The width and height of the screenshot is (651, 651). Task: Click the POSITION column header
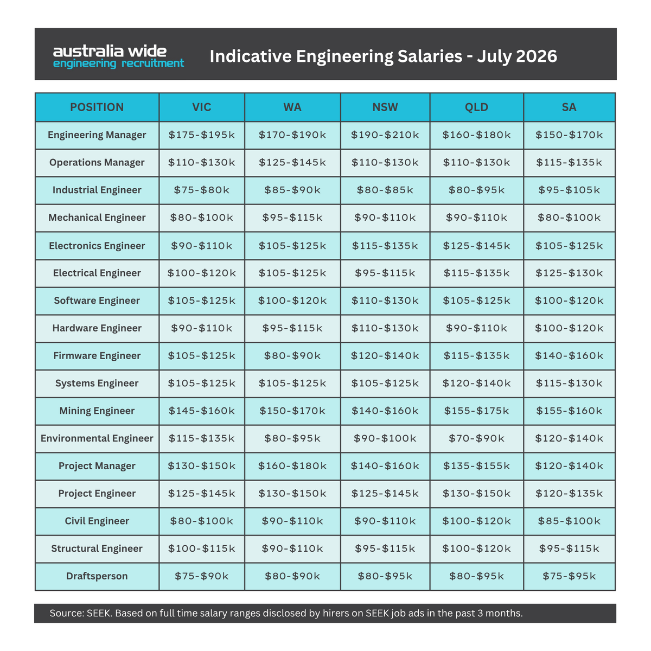click(x=97, y=107)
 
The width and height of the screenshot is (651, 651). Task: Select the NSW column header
click(x=385, y=107)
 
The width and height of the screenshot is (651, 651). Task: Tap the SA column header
click(x=569, y=107)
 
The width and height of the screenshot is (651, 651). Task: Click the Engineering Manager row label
click(x=97, y=135)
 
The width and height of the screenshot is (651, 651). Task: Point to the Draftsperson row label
click(x=97, y=576)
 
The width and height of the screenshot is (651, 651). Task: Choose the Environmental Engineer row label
click(x=97, y=438)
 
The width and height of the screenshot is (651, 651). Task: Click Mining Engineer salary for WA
click(x=292, y=411)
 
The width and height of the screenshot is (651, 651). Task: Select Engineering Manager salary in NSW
click(x=385, y=135)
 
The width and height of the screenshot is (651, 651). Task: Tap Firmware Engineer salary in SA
click(x=569, y=355)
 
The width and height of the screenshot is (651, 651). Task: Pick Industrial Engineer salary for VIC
click(x=201, y=190)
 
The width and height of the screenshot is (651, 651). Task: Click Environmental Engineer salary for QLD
click(x=476, y=438)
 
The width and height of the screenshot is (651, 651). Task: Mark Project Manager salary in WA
click(x=292, y=465)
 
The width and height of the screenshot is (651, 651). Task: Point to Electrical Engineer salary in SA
click(x=569, y=273)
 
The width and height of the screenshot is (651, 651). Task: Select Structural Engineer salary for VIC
click(x=201, y=548)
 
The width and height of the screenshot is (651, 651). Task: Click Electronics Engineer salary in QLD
click(x=476, y=246)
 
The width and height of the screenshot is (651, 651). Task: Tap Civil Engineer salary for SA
click(x=569, y=521)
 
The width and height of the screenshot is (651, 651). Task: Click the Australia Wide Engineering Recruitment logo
click(x=119, y=56)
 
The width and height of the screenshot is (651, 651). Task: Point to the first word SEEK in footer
click(x=99, y=613)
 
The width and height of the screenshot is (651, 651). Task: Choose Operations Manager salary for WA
click(x=292, y=162)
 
